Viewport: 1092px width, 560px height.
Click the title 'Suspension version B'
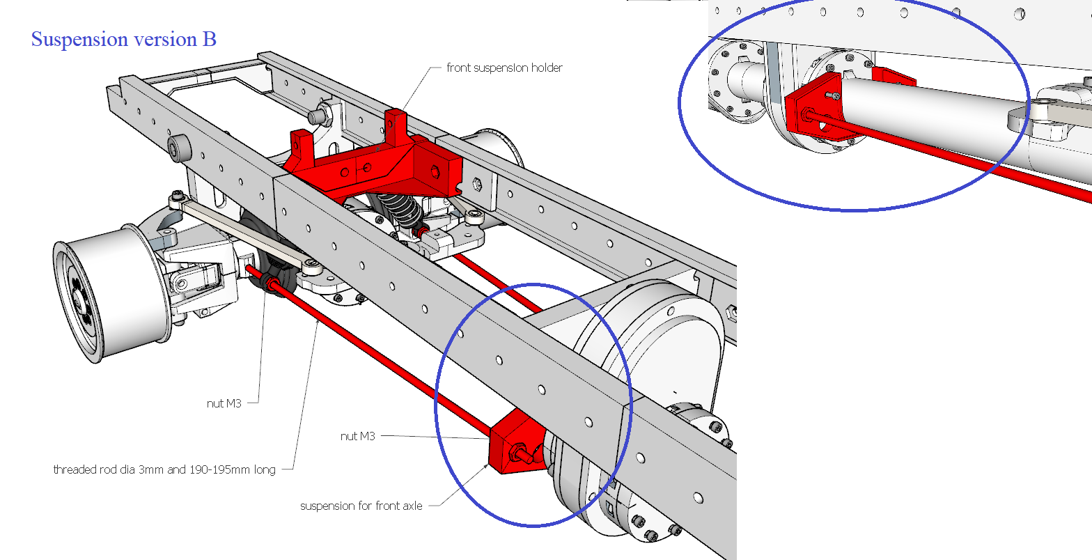pyautogui.click(x=124, y=39)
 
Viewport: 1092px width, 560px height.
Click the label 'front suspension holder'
pyautogui.click(x=504, y=68)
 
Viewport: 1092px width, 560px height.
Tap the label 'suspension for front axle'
pyautogui.click(x=361, y=506)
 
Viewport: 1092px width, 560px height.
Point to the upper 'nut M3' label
pyautogui.click(x=224, y=403)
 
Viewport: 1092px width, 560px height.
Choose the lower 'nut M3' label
pyautogui.click(x=358, y=436)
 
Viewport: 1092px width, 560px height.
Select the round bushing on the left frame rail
pyautogui.click(x=179, y=147)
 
